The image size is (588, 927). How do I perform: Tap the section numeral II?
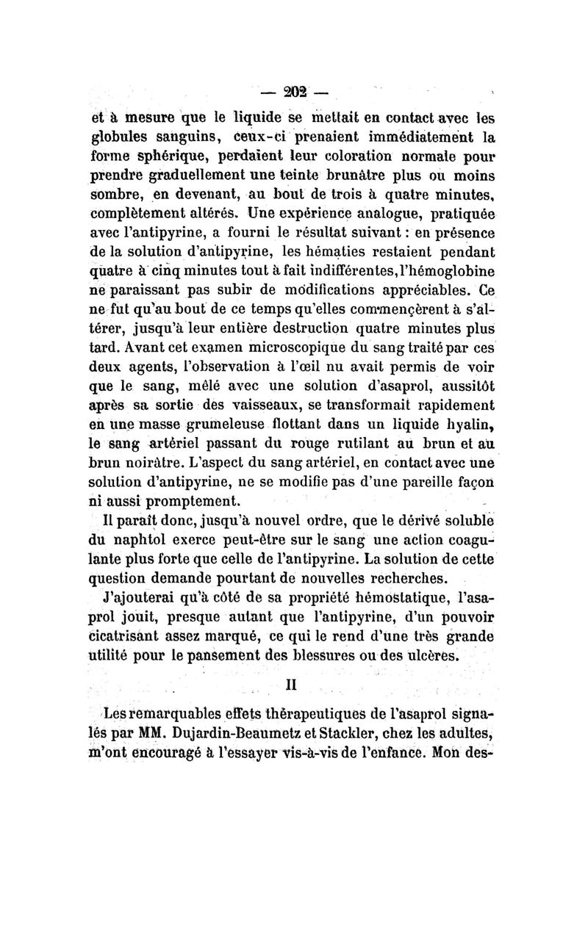[290, 683]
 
